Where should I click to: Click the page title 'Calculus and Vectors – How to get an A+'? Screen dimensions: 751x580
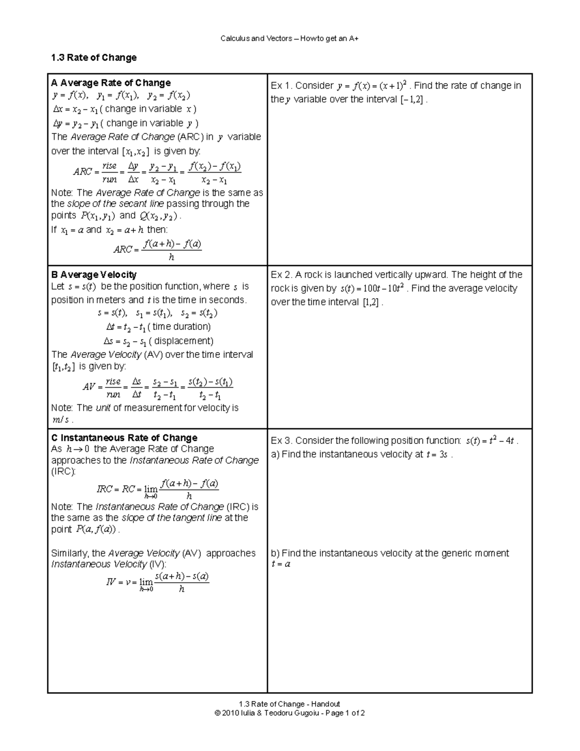(x=290, y=39)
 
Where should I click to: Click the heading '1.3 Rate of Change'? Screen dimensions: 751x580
(x=94, y=58)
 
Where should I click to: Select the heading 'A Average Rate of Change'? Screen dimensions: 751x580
(x=111, y=83)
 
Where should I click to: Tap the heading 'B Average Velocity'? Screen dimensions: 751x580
(x=94, y=275)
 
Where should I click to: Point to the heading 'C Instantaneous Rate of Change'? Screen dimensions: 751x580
(x=124, y=438)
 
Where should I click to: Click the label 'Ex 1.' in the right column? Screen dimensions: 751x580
(x=281, y=86)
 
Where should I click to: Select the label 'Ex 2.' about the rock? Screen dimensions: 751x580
(x=281, y=275)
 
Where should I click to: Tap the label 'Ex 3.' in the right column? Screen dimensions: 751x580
(x=281, y=441)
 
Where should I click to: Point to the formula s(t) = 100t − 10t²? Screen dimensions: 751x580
(x=372, y=289)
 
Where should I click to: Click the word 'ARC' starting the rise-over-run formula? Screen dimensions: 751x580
(x=83, y=172)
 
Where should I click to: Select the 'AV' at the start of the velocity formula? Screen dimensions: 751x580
(x=89, y=387)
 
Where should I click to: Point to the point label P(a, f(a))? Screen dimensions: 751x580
(x=96, y=530)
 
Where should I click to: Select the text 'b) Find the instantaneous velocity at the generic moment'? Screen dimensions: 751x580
(x=390, y=553)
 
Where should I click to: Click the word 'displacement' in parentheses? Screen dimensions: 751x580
(x=184, y=341)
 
